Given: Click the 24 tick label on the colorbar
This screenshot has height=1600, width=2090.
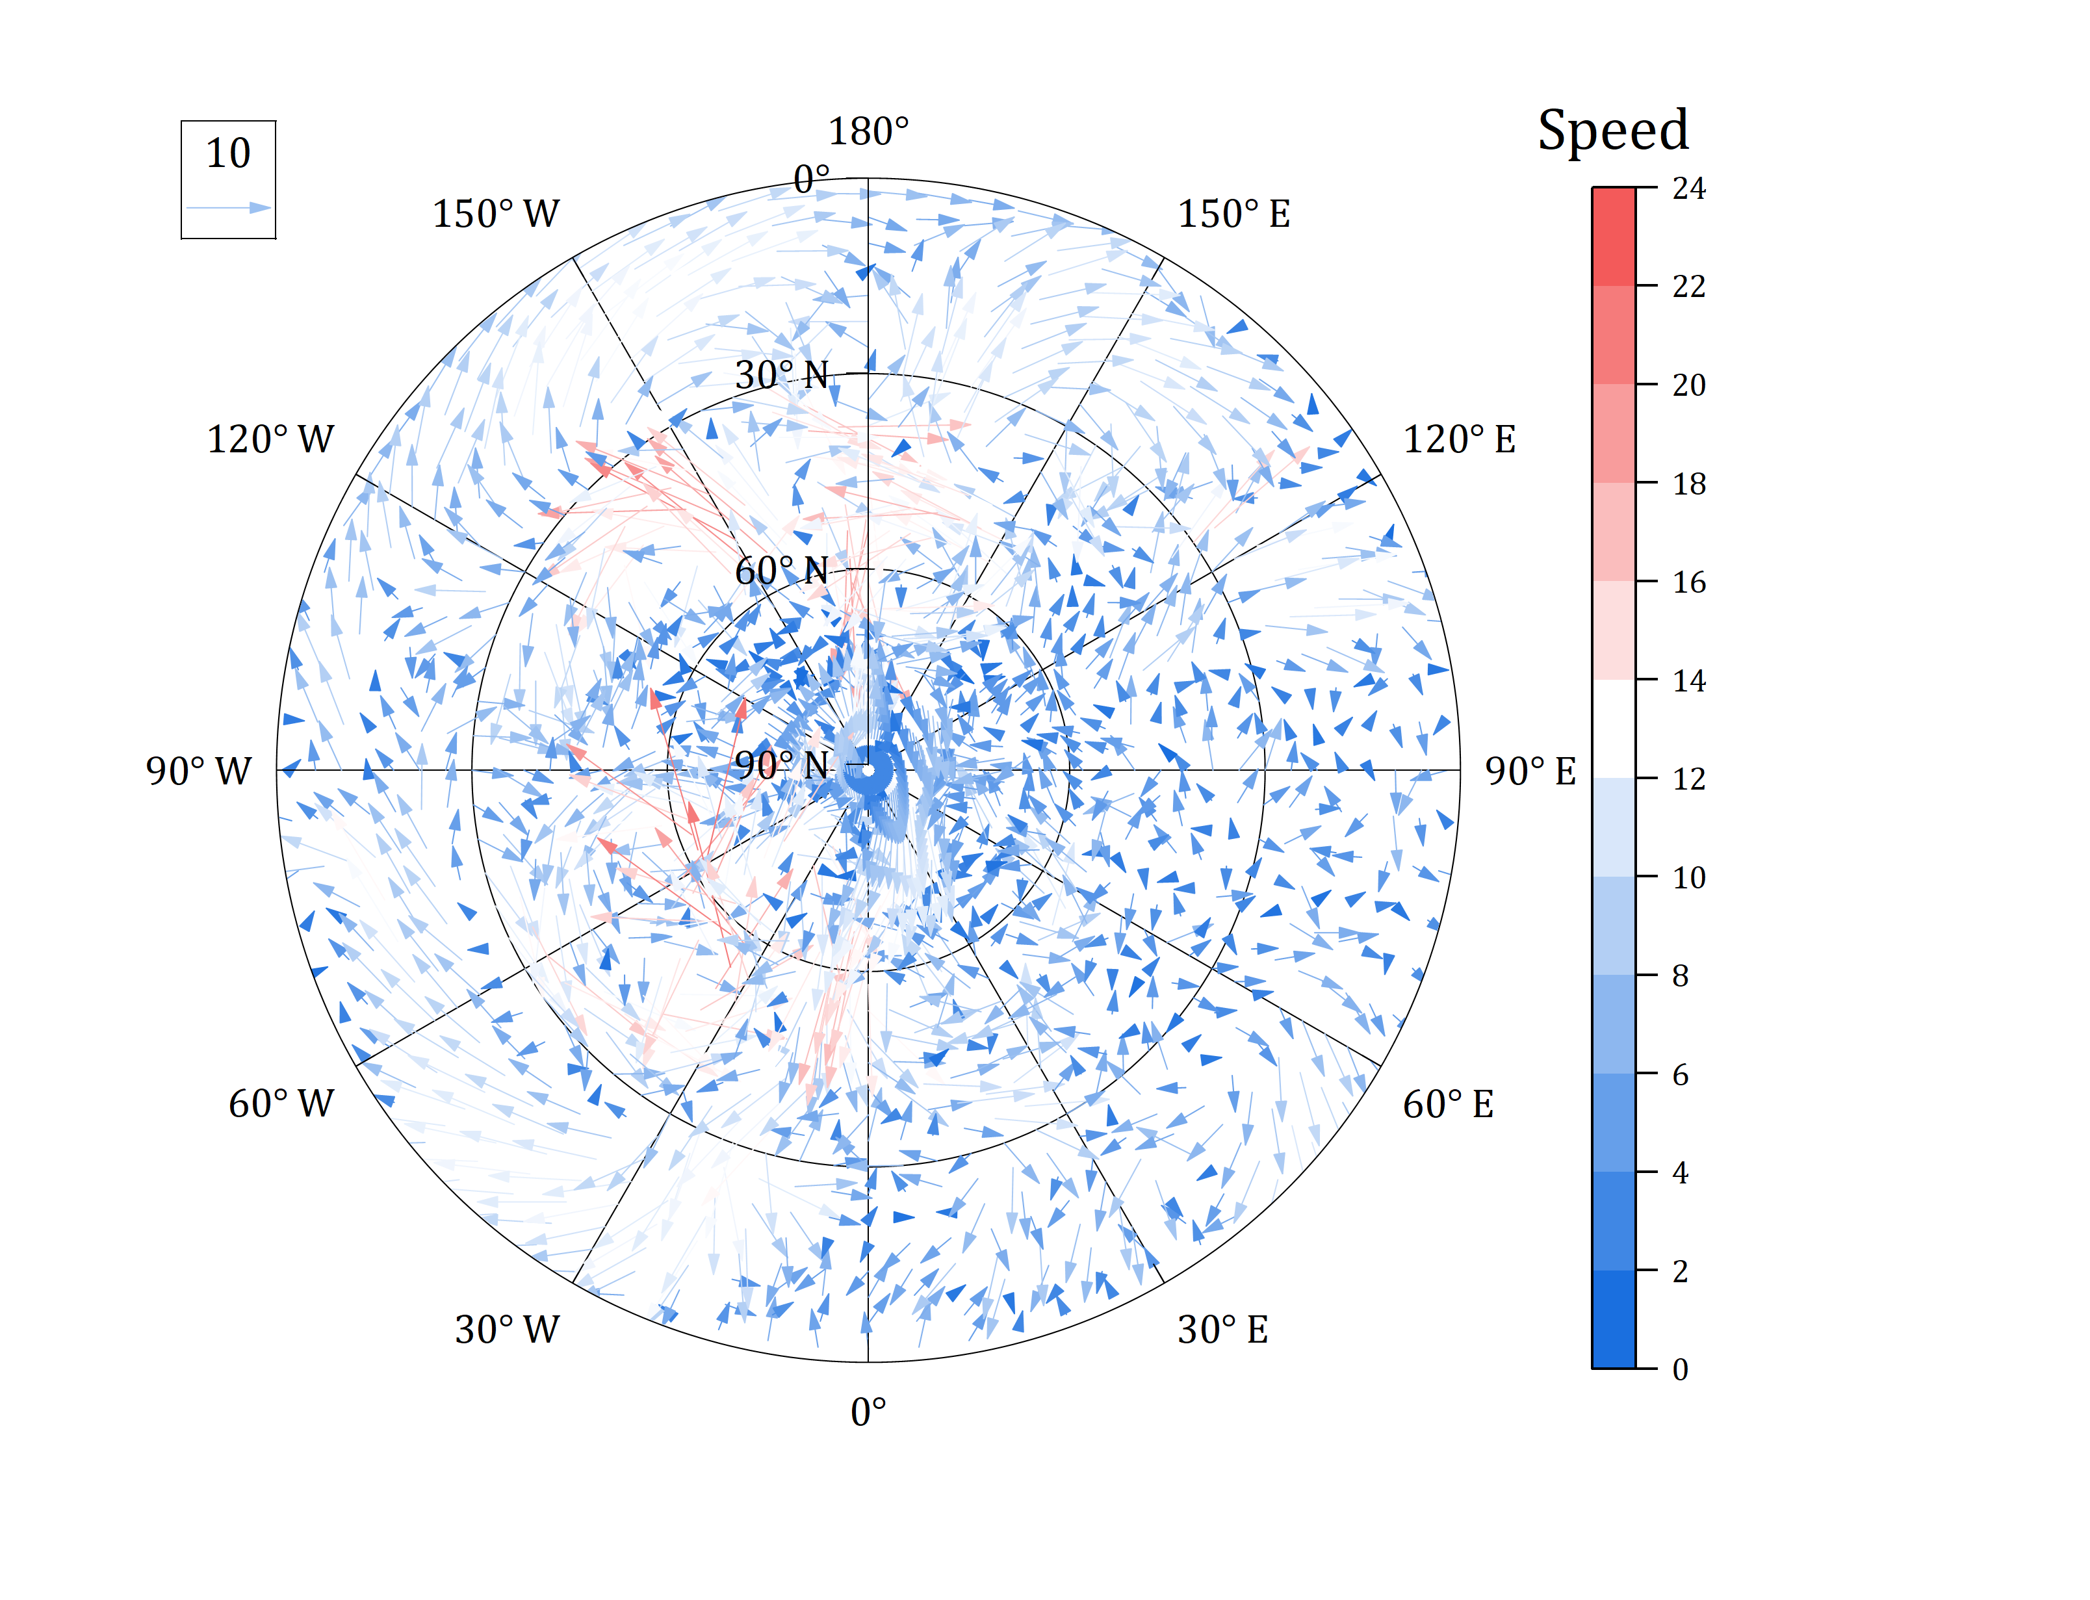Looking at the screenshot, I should [1688, 188].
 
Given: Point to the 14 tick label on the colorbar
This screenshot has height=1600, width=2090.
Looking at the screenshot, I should [1688, 681].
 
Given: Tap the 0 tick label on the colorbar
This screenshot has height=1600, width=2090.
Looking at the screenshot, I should [1680, 1369].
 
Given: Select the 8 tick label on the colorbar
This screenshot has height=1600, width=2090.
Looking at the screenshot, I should [1680, 976].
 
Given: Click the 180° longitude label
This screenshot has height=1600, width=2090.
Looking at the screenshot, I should [868, 131].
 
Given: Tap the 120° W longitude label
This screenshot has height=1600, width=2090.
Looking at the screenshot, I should [270, 440].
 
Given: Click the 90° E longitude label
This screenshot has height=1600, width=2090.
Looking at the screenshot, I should [1530, 771].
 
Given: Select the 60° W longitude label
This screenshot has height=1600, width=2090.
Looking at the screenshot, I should [281, 1103].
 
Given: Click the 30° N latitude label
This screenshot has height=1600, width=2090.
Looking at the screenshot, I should [782, 375].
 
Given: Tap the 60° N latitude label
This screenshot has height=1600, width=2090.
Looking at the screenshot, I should [782, 571].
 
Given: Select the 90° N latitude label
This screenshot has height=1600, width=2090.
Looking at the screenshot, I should [782, 766].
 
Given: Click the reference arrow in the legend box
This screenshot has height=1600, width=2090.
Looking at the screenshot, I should [229, 207].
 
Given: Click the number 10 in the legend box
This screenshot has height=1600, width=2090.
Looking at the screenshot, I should [229, 153].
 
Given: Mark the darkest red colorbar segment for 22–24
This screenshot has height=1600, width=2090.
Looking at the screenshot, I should [1613, 236].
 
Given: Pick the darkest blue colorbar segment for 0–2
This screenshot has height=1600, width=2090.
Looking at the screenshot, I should [1613, 1319].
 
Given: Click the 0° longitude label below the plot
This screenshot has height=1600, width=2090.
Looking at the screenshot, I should [868, 1412].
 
